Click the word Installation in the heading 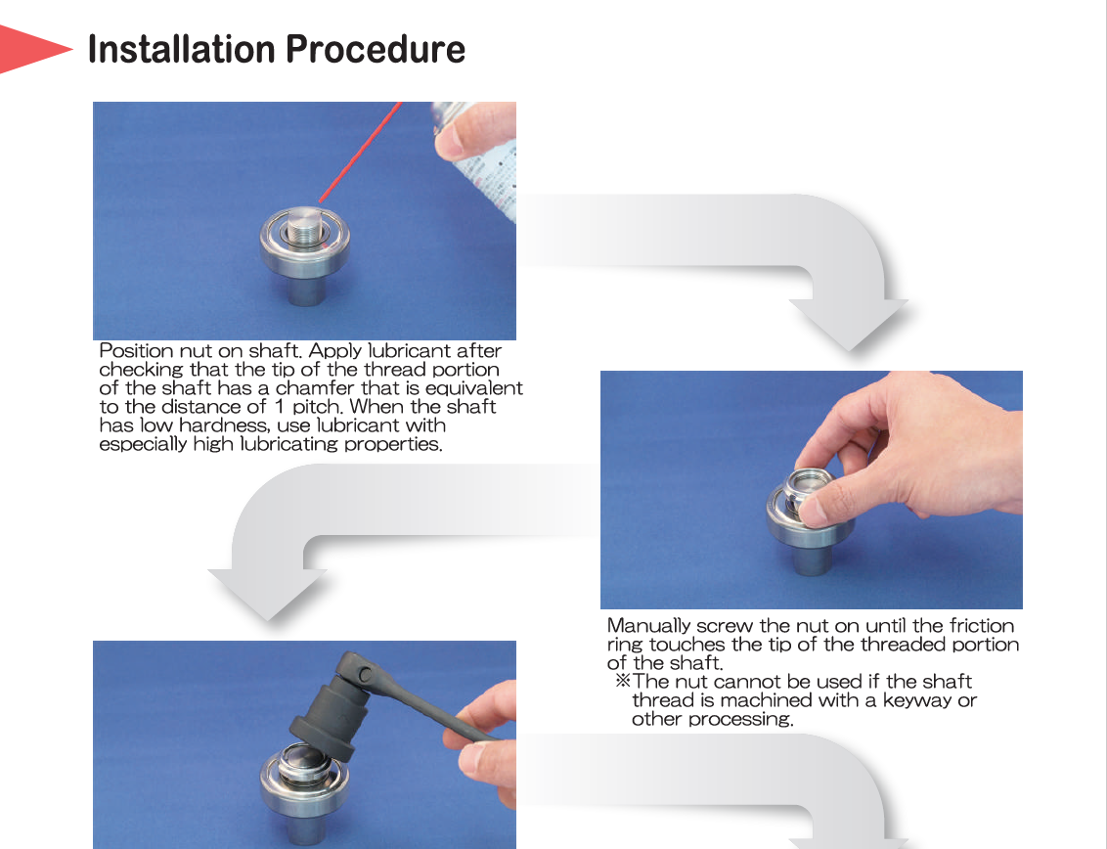pos(182,50)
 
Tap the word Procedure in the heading pos(376,50)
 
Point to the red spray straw pos(360,152)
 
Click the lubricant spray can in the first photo pos(480,158)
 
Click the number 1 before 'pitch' pos(279,407)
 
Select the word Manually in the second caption pos(648,626)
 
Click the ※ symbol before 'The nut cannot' pos(622,682)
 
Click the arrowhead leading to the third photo pos(268,595)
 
